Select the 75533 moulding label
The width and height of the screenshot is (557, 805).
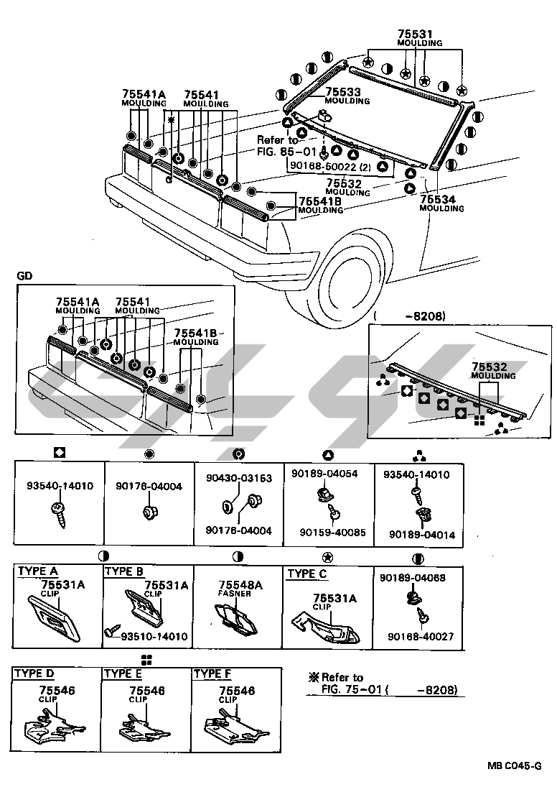pos(343,92)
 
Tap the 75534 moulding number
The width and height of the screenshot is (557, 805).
pos(437,199)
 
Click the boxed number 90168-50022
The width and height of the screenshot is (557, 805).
pos(320,166)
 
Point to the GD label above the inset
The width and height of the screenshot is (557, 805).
pos(24,276)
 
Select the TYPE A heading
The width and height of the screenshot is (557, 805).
pos(38,571)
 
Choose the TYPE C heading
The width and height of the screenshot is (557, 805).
pos(307,574)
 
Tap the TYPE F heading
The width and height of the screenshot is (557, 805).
pos(212,673)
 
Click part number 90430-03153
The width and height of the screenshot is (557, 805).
pos(239,478)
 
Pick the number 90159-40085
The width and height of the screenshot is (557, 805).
pos(332,533)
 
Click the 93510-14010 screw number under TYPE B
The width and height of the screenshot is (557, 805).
pos(154,636)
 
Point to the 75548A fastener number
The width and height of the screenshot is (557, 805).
pos(240,585)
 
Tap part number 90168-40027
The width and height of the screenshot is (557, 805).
pos(421,636)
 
